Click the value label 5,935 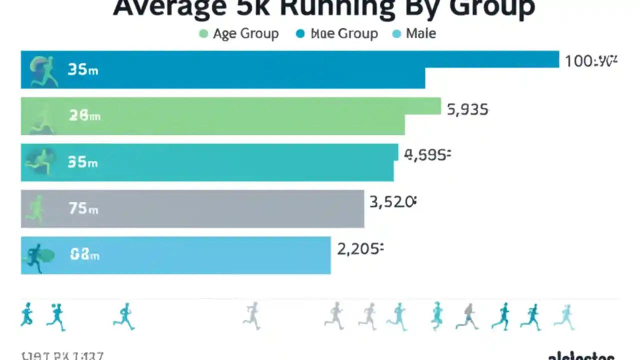click(x=467, y=109)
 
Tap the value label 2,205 click(x=360, y=248)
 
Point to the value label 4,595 click(x=427, y=155)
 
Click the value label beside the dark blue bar click(x=591, y=61)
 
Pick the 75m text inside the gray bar click(x=83, y=208)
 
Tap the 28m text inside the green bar click(x=84, y=116)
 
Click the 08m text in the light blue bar click(x=84, y=255)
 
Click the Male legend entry click(x=420, y=34)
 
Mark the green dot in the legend click(x=203, y=34)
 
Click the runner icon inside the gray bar click(x=36, y=209)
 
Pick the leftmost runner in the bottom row click(x=26, y=315)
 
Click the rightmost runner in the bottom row click(x=565, y=317)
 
